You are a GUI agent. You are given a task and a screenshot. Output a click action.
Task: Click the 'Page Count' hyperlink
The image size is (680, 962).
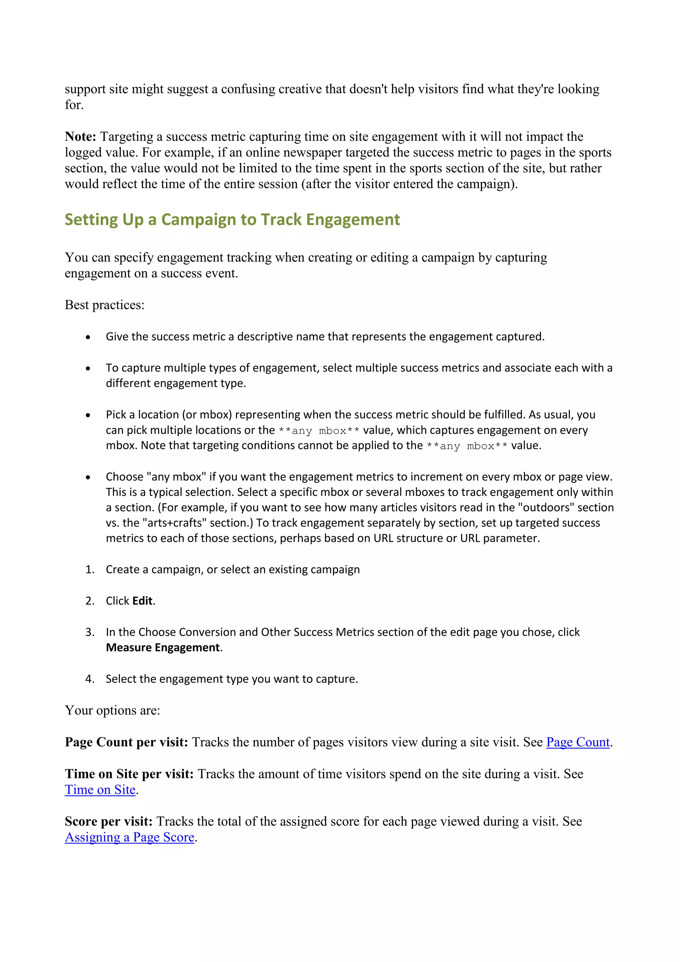coord(578,742)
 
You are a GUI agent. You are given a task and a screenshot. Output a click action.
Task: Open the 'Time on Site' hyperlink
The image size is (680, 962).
coord(100,790)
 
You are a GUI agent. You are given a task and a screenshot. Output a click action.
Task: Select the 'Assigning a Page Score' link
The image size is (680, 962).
coord(129,837)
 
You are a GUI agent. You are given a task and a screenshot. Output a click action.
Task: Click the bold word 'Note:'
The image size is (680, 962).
coord(80,137)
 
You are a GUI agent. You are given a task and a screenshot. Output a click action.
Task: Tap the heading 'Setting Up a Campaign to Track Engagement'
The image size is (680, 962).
coord(232,220)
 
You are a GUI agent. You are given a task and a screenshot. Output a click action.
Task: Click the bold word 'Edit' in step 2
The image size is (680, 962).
coord(142,601)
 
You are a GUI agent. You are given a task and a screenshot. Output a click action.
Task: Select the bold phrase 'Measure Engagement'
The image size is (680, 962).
coord(163,648)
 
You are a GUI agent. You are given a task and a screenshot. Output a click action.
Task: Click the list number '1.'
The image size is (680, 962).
coord(90,569)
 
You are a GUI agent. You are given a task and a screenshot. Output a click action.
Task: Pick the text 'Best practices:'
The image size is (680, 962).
coord(104,305)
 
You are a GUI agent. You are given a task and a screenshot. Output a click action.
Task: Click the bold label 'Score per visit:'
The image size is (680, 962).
coord(109,821)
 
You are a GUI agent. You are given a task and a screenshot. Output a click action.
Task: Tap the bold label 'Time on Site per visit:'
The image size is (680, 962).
coord(129,774)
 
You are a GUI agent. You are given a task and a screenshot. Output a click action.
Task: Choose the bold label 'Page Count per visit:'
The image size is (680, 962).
coord(127,742)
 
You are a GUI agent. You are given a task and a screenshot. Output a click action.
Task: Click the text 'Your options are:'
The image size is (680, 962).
coord(112,711)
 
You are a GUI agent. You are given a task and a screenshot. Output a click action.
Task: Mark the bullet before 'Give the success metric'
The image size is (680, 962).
coord(88,337)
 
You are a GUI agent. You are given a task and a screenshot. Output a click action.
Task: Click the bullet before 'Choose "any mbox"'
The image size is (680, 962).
coord(88,477)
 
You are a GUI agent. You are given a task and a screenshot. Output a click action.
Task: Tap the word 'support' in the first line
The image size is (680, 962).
coord(85,89)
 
